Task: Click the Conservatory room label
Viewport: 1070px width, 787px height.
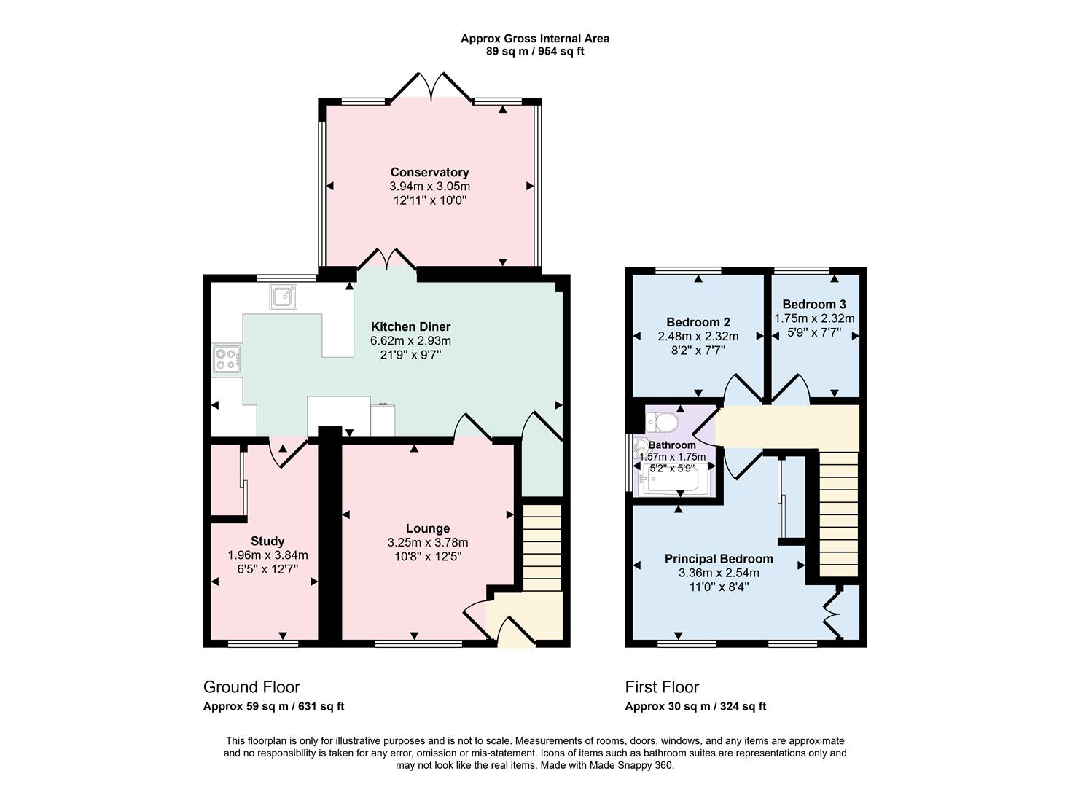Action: (x=429, y=172)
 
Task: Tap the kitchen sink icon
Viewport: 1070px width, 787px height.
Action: (x=284, y=297)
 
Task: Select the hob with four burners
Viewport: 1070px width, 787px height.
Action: (x=227, y=359)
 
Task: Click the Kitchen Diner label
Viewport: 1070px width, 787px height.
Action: (x=410, y=326)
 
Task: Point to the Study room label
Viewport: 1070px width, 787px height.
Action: (x=267, y=541)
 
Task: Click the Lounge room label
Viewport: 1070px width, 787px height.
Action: (x=428, y=528)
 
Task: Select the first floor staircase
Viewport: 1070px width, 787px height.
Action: (x=839, y=514)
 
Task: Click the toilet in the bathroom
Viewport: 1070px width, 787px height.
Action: (x=663, y=422)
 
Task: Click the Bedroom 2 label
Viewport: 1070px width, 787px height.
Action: (x=698, y=322)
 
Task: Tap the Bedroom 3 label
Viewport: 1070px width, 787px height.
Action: (x=814, y=304)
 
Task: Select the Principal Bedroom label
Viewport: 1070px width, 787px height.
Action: (x=719, y=559)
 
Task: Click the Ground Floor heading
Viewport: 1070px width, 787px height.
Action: (x=251, y=686)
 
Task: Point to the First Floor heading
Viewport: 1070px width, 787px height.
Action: (x=662, y=686)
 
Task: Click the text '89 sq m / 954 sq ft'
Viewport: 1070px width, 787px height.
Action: (x=535, y=52)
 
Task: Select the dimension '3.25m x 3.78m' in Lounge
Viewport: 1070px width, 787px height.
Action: (x=428, y=542)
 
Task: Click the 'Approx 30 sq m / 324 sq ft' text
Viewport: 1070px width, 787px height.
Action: (x=695, y=706)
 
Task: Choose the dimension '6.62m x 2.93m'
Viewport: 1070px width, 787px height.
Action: (x=410, y=340)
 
